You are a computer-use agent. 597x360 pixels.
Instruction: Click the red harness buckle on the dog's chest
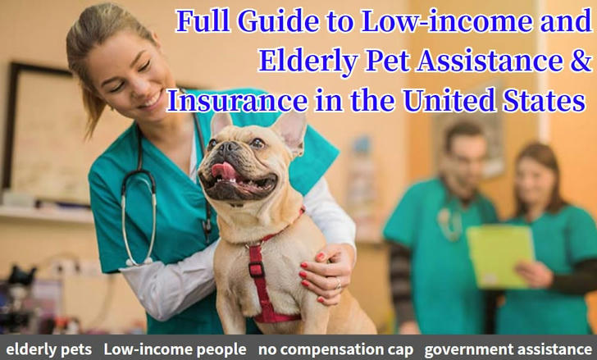click(x=256, y=268)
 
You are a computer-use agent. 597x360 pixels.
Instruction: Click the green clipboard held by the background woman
click(x=500, y=256)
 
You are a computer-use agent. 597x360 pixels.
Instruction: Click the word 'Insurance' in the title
click(x=237, y=101)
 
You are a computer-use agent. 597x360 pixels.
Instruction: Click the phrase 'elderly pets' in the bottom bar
click(x=48, y=349)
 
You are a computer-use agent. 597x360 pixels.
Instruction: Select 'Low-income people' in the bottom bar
click(x=175, y=349)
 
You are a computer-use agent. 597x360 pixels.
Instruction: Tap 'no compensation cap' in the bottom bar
click(x=336, y=349)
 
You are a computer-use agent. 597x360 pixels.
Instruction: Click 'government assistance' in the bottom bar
click(x=508, y=349)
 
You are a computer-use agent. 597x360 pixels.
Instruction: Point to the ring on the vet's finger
click(x=338, y=284)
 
